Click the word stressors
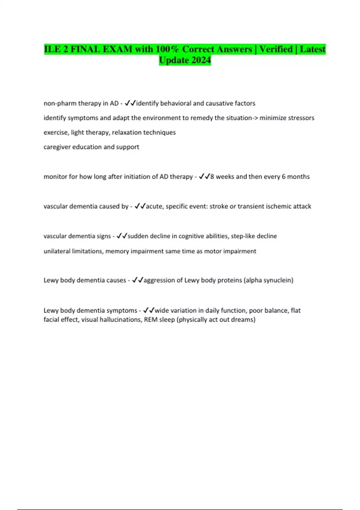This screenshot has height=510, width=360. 301,118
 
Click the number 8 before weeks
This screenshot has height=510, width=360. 212,177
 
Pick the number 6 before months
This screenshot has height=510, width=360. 283,177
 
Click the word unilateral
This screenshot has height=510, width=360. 57,251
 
